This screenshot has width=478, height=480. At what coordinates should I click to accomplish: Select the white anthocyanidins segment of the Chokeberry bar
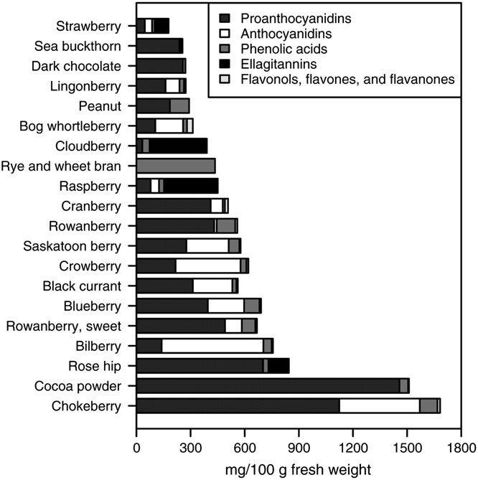point(379,406)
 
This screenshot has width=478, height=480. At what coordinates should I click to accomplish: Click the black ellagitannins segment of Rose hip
point(278,366)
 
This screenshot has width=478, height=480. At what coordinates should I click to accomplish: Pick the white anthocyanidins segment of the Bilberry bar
point(212,346)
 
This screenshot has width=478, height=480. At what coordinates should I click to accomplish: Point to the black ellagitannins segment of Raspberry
point(190,187)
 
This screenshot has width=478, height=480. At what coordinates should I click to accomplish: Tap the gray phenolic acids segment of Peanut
point(179,106)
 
